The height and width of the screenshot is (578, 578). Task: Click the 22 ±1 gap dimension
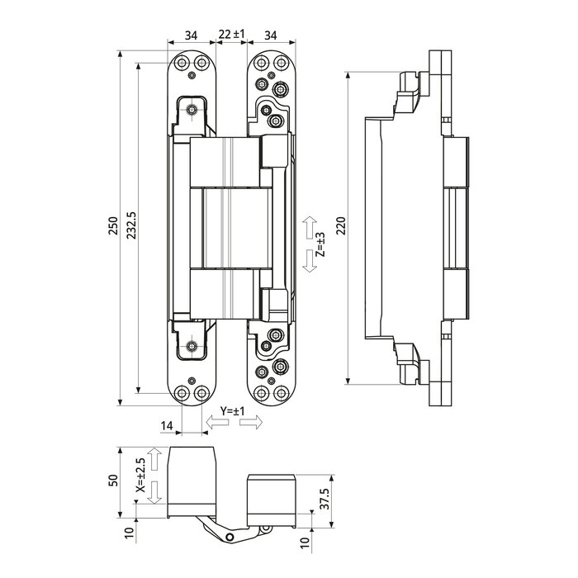[x=231, y=34]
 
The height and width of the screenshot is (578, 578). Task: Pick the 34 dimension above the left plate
[x=191, y=34]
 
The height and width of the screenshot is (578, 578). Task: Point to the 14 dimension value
[x=167, y=425]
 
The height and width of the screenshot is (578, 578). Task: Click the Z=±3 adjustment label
[x=320, y=247]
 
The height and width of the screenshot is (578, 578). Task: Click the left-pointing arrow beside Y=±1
[x=217, y=423]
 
